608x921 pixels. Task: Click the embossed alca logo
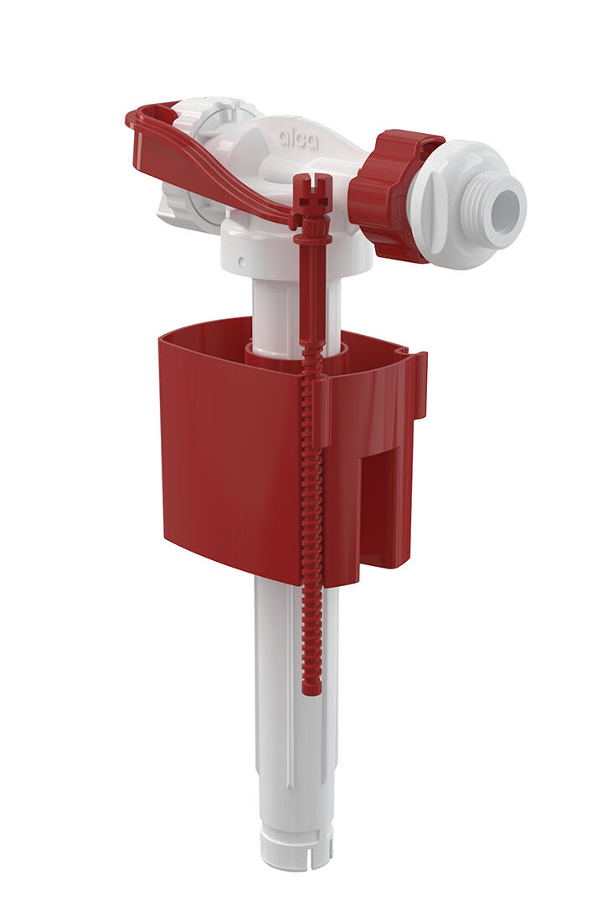298,140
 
